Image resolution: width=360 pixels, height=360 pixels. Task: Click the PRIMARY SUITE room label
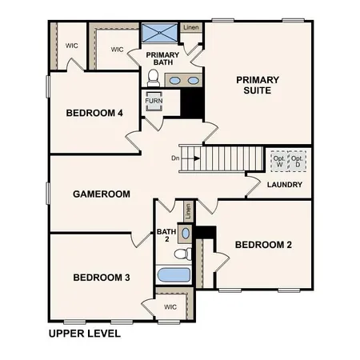click(x=258, y=85)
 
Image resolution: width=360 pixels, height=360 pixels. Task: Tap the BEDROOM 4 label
click(x=94, y=114)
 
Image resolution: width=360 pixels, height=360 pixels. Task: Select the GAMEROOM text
click(x=102, y=194)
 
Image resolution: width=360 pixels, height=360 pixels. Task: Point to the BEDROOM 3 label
click(x=102, y=278)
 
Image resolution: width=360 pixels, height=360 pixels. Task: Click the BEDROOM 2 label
click(x=263, y=244)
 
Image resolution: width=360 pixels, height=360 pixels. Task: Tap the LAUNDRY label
click(x=286, y=185)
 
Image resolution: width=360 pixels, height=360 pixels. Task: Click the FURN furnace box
click(x=154, y=102)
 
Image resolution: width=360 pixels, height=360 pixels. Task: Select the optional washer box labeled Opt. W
click(x=278, y=160)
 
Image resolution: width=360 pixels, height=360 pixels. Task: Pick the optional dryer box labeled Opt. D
click(x=297, y=160)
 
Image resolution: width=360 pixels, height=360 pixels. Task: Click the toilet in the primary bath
click(x=154, y=78)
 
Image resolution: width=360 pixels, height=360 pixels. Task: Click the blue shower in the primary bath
click(x=158, y=34)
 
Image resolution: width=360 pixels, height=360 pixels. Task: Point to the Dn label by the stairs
click(x=176, y=158)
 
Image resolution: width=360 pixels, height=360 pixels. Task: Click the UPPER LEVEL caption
click(x=84, y=333)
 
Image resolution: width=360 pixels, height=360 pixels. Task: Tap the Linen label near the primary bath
click(x=190, y=27)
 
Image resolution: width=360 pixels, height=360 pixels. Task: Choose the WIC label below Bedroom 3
click(x=170, y=306)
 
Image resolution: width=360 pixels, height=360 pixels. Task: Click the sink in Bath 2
click(x=185, y=233)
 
